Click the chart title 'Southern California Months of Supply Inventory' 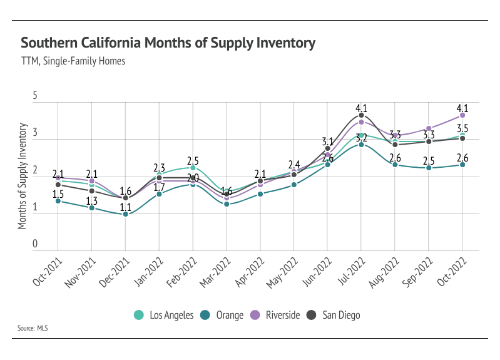point(168,43)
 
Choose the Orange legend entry point(224,315)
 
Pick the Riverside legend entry point(276,315)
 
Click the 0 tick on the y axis point(36,245)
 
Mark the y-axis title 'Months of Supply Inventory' point(23,176)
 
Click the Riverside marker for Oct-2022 point(462,115)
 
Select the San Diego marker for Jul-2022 point(361,116)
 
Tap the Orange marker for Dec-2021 point(125,214)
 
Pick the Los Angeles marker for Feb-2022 point(193,168)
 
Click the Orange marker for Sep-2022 point(429,168)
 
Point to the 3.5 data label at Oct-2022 point(462,128)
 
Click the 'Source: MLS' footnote point(34,328)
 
